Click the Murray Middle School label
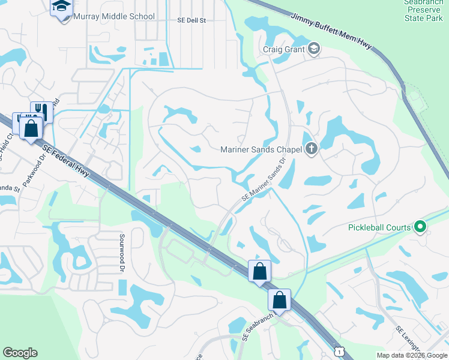pos(113,17)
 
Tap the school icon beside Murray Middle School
pos(61,7)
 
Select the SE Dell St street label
pos(191,20)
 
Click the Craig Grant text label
pos(284,49)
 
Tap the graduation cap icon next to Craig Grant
pos(314,49)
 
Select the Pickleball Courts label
pos(379,227)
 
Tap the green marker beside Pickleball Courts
pos(420,227)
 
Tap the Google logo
pos(20,353)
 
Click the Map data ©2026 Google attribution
pos(411,355)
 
